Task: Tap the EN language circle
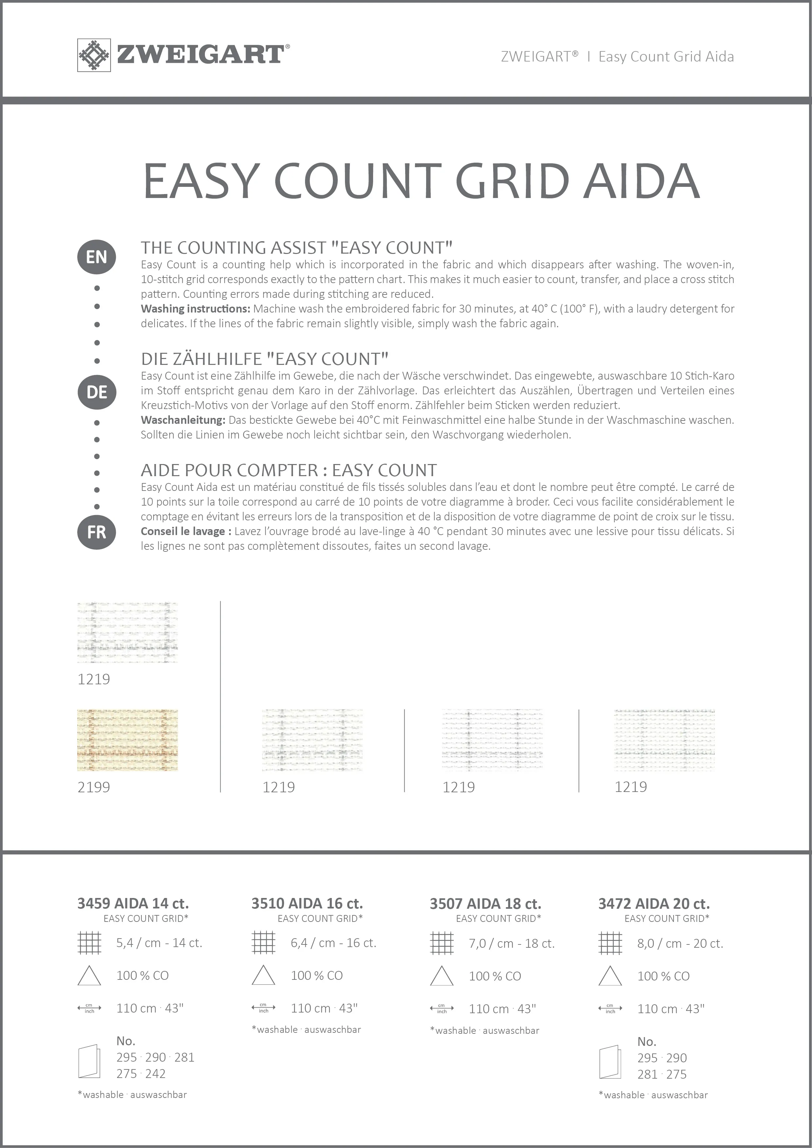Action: (97, 257)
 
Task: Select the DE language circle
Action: (97, 392)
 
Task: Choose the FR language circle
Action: (97, 532)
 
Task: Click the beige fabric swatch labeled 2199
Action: (128, 740)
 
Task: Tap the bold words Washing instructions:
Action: (195, 309)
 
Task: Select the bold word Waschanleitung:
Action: (183, 420)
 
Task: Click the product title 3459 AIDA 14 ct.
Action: (133, 904)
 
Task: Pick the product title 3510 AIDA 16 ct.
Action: (307, 904)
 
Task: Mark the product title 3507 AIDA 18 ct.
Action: (485, 904)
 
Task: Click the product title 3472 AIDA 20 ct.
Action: (654, 904)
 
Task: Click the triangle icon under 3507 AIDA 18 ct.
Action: (442, 976)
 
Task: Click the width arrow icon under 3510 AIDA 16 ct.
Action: (263, 1008)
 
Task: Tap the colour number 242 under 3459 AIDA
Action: (155, 1073)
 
